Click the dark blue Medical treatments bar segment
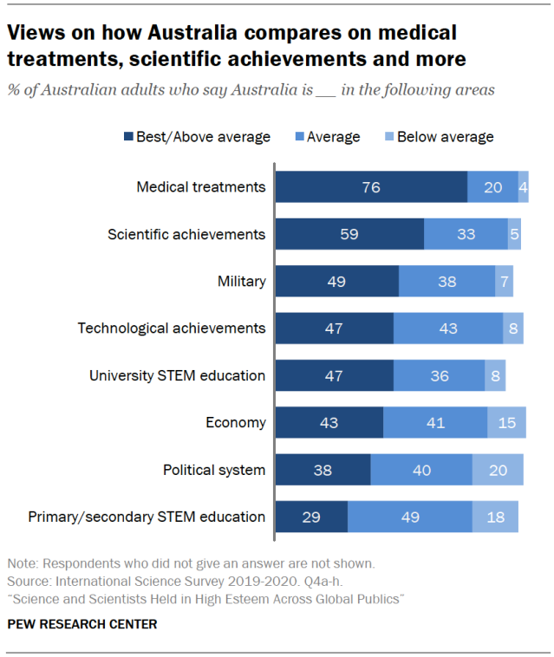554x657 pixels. pyautogui.click(x=371, y=187)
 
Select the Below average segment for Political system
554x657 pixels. pyautogui.click(x=498, y=470)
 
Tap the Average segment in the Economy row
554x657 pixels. pyautogui.click(x=434, y=423)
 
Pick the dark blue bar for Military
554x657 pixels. pyautogui.click(x=336, y=281)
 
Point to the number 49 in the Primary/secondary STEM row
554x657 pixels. pyautogui.click(x=409, y=517)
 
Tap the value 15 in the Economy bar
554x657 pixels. pyautogui.click(x=506, y=423)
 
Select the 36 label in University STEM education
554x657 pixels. pyautogui.click(x=439, y=375)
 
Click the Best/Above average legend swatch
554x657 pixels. pyautogui.click(x=128, y=137)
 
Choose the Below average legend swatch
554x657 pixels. pyautogui.click(x=388, y=137)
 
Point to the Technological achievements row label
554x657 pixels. pyautogui.click(x=171, y=328)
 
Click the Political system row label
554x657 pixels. pyautogui.click(x=213, y=470)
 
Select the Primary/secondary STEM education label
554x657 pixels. pyautogui.click(x=147, y=517)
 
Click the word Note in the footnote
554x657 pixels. pyautogui.click(x=22, y=563)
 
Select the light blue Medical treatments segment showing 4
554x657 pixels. pyautogui.click(x=523, y=187)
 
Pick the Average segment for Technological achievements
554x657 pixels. pyautogui.click(x=447, y=328)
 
